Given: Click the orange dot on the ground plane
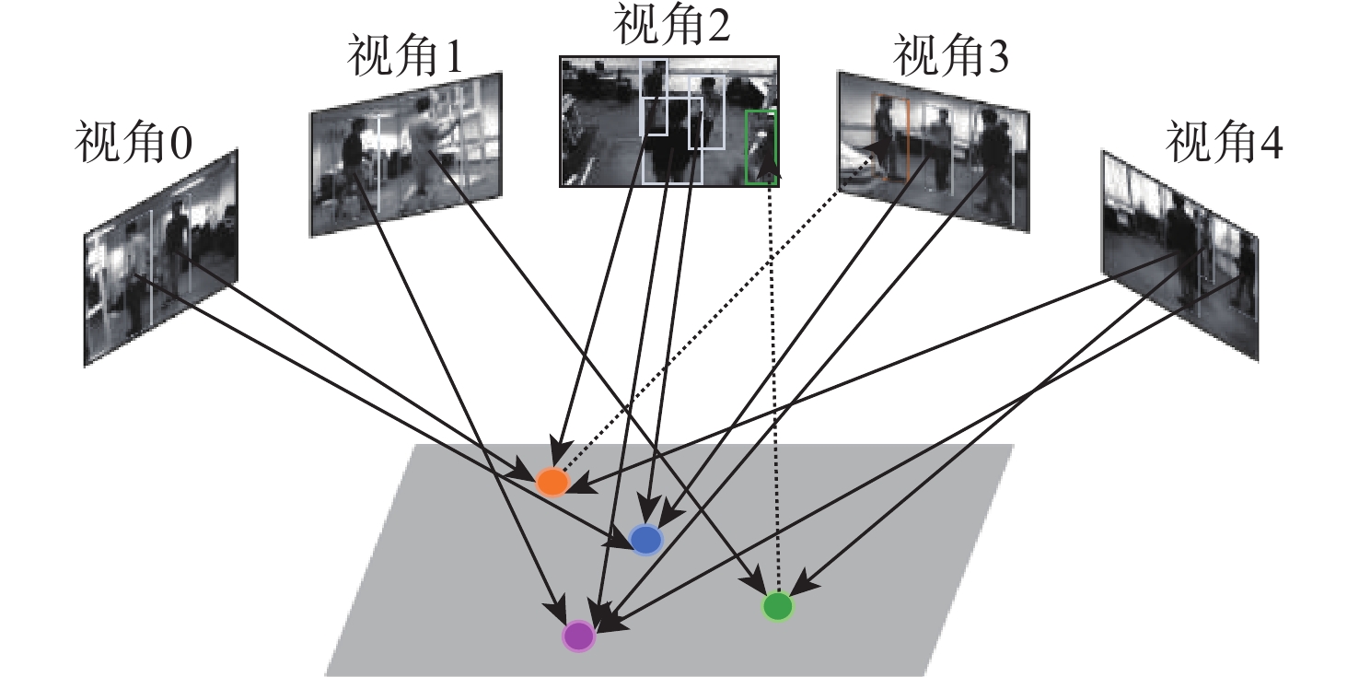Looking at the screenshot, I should coord(552,482).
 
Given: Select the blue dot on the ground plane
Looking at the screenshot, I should coord(646,540).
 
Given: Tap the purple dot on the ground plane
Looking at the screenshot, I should coord(579,636).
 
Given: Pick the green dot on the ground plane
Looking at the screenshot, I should coord(778,606).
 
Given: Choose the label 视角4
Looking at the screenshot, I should coord(1225,145).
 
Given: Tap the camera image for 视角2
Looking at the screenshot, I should coord(669,121).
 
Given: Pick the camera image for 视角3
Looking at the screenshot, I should coord(932,151).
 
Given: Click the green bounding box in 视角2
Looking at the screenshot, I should coord(761,146).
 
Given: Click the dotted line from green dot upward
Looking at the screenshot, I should coord(774,387).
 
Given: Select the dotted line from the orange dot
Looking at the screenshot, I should coord(700,332).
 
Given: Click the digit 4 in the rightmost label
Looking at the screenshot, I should coord(1269,145).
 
